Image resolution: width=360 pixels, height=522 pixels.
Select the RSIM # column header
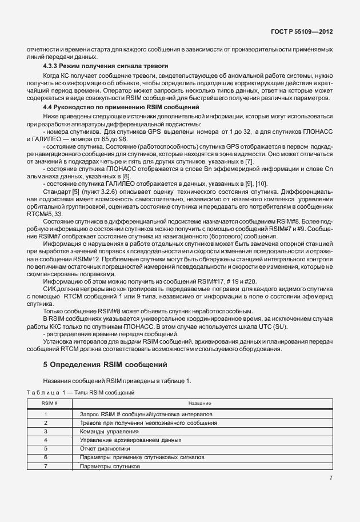[45, 403]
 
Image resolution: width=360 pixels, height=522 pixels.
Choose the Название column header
[199, 403]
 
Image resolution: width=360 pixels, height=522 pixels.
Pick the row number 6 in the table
[45, 458]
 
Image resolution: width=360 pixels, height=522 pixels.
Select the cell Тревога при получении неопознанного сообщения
[148, 422]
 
